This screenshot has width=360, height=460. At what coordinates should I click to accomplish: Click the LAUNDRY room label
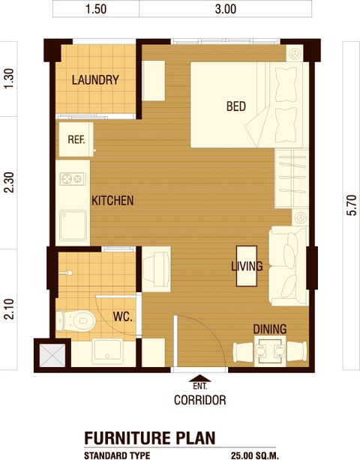[95, 80]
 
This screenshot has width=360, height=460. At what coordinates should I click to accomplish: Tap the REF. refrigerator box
[76, 139]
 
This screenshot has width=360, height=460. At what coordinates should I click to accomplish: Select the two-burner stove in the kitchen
[73, 178]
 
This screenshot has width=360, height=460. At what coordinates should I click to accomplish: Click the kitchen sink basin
[73, 226]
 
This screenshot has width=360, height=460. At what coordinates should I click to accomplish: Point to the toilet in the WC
[76, 321]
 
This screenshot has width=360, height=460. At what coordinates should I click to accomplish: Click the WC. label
[123, 317]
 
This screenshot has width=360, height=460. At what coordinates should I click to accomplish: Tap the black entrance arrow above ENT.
[200, 378]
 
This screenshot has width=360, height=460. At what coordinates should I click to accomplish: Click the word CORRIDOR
[200, 400]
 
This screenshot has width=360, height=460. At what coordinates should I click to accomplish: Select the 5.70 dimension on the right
[352, 205]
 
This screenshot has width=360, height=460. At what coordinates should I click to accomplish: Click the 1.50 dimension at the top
[96, 9]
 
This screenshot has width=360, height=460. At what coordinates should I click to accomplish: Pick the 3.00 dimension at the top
[226, 9]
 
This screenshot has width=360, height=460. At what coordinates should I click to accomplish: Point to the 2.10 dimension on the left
[9, 309]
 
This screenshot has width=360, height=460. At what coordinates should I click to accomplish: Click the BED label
[236, 106]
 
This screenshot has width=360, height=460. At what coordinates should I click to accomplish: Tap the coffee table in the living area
[247, 266]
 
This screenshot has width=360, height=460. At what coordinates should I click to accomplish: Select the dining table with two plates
[270, 351]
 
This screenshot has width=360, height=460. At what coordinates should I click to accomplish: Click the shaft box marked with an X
[52, 355]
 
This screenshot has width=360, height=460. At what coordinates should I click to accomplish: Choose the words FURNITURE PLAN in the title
[150, 438]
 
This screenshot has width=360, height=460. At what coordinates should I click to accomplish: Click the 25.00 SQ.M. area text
[254, 456]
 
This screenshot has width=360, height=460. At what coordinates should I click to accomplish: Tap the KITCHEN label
[112, 201]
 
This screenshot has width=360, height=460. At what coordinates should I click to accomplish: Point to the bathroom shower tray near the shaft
[107, 351]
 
